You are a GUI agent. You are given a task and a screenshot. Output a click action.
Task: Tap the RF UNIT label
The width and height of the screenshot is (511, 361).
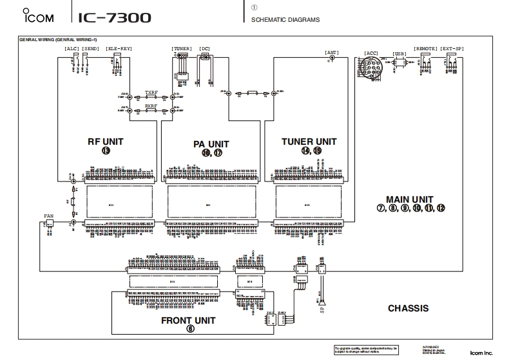(x=105, y=141)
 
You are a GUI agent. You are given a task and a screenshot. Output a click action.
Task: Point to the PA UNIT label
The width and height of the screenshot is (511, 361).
(x=211, y=143)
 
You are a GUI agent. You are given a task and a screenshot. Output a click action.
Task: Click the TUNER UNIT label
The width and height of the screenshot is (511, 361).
(x=309, y=141)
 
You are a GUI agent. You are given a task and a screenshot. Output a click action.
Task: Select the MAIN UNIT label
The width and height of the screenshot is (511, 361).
(x=409, y=199)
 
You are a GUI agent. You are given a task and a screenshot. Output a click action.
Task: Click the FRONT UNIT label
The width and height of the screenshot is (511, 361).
(x=188, y=320)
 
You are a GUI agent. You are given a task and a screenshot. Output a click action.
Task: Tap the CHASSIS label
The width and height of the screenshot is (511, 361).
(x=408, y=308)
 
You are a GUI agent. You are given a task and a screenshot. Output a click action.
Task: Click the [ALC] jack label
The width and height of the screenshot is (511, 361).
(x=71, y=49)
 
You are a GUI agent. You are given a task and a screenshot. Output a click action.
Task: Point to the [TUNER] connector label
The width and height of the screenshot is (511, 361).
(x=182, y=49)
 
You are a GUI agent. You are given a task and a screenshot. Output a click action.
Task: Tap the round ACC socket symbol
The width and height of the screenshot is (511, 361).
(x=367, y=64)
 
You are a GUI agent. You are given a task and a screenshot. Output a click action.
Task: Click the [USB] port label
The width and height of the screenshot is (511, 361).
(x=400, y=54)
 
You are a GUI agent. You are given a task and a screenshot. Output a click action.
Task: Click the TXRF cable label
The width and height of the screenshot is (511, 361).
(x=151, y=92)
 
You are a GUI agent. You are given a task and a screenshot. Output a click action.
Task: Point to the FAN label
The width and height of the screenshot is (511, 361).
(x=48, y=216)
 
